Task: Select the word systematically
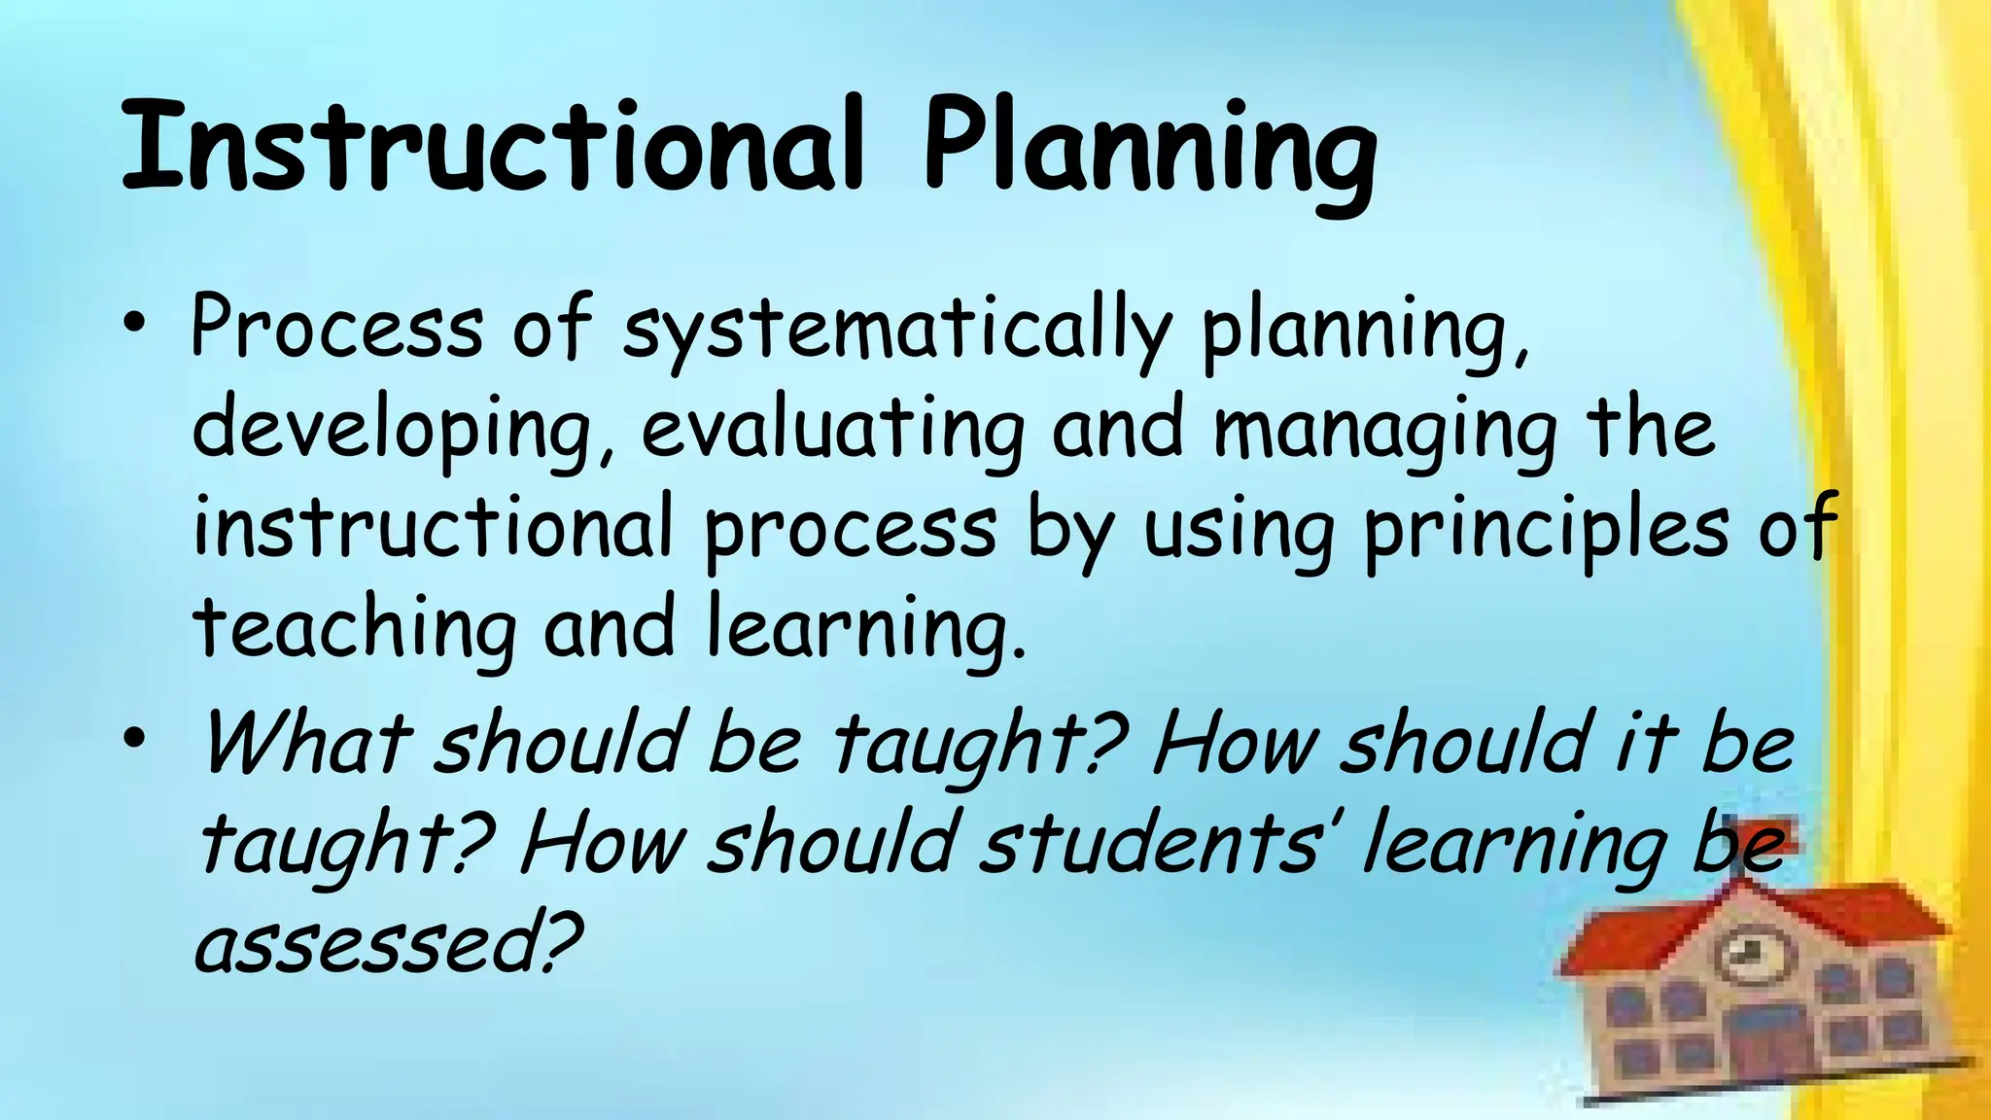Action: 895,331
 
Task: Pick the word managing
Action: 1385,433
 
